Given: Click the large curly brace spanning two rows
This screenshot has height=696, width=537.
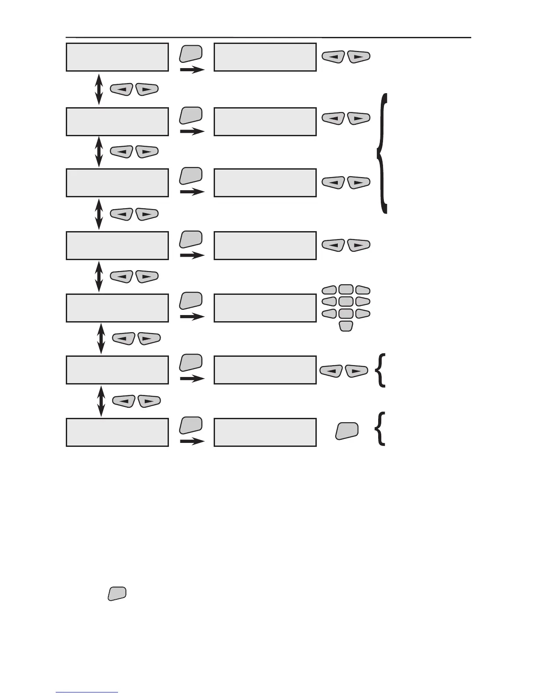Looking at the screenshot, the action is point(382,153).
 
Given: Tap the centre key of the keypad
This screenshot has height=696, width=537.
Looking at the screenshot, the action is point(346,301).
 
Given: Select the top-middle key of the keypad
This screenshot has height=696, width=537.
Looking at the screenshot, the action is point(346,290).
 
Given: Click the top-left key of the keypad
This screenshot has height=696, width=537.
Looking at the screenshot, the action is point(329,290).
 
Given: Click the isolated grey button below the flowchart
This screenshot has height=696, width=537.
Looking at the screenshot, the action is point(117,593).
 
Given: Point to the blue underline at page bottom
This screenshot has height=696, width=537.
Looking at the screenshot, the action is point(87,692).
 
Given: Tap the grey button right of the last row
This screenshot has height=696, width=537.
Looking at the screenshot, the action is point(347,431).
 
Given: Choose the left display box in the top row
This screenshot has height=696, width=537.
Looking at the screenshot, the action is point(117,57).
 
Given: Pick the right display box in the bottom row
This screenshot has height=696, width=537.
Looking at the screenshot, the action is point(265,432).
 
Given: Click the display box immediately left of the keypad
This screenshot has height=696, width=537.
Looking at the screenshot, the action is point(265,308).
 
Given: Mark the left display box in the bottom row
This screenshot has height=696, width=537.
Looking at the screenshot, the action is point(117,432).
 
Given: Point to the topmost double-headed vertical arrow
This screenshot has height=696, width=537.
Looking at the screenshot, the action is point(99,89).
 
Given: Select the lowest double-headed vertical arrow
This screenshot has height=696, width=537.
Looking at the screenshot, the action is point(101,401).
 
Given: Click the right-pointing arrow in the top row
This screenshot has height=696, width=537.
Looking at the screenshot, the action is point(192,70).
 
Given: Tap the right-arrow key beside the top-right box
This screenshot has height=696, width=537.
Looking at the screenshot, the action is point(358,57).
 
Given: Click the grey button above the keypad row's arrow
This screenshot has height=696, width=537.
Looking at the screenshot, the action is point(191,300).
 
